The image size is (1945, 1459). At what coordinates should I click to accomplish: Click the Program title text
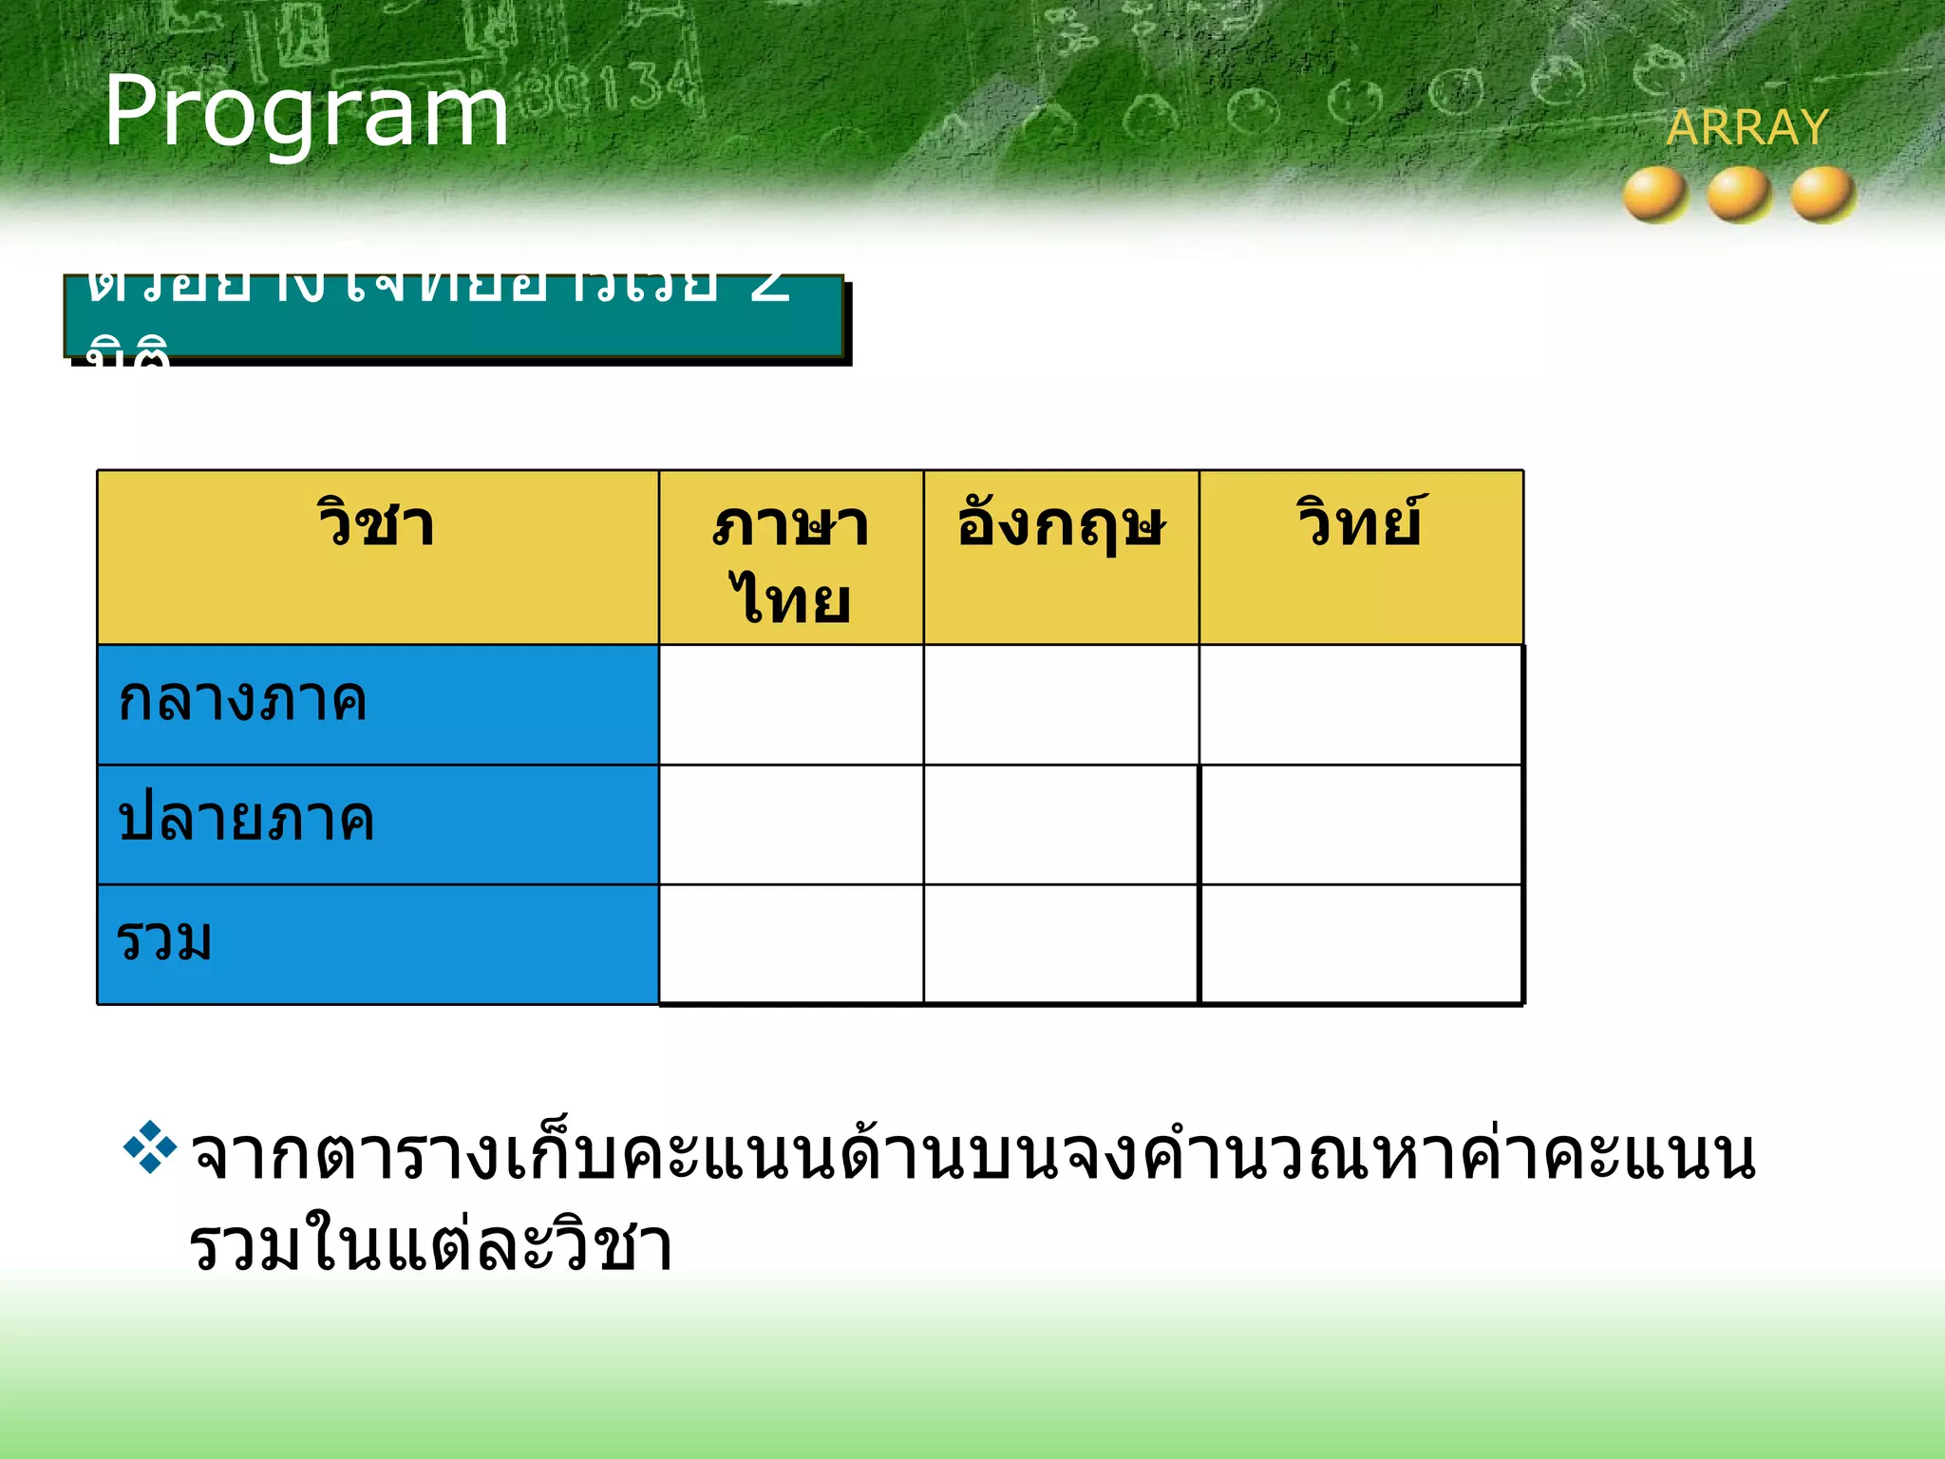(306, 112)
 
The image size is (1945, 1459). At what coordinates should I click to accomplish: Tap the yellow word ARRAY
(1747, 127)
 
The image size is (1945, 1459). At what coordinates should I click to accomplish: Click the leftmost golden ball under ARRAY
(1655, 195)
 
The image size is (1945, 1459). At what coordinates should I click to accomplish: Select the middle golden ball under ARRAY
(1739, 195)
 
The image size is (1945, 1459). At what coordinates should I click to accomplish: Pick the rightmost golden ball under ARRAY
(1822, 195)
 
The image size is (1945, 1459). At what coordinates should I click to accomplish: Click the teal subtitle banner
(454, 317)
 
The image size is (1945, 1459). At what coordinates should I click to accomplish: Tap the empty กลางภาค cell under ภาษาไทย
(791, 704)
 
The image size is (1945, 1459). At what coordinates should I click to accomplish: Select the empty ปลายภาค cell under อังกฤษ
(1061, 824)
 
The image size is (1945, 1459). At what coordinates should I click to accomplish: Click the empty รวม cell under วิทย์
(1361, 943)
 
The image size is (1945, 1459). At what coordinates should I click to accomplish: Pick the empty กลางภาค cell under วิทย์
(1361, 704)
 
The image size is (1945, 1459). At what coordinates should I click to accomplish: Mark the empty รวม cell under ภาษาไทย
(791, 943)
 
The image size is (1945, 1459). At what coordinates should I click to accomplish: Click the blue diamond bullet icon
(150, 1147)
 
